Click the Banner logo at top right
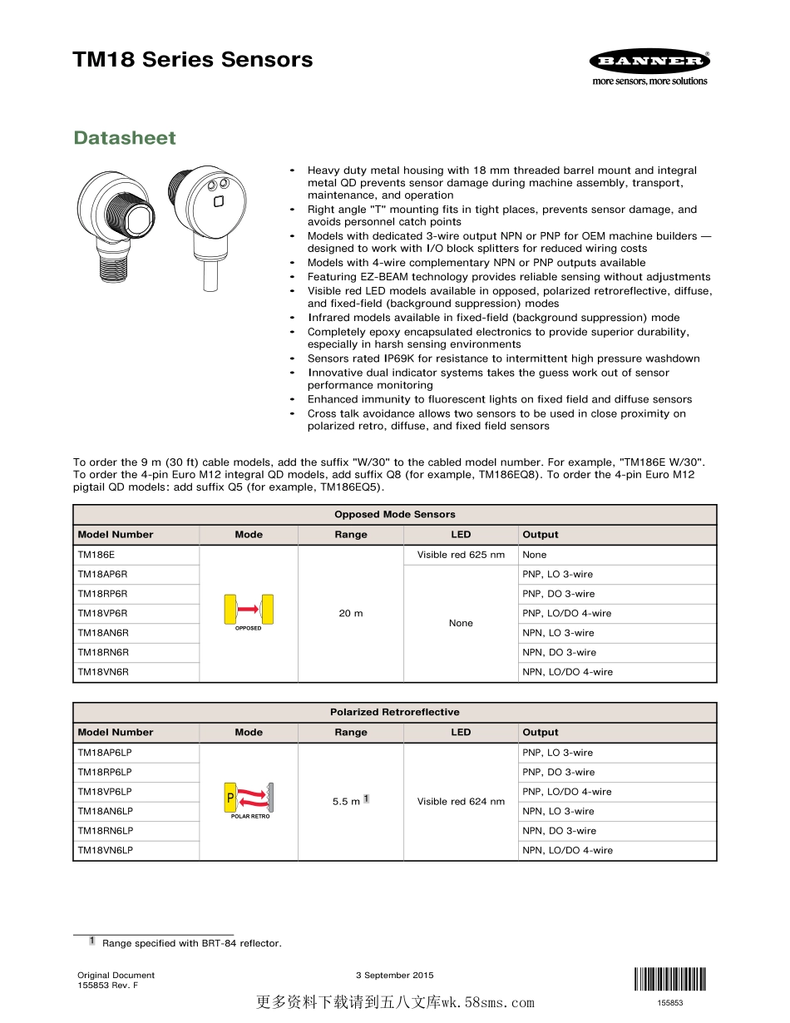pyautogui.click(x=649, y=62)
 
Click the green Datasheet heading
pyautogui.click(x=125, y=138)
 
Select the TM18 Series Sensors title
pyautogui.click(x=192, y=60)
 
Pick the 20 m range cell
pyautogui.click(x=351, y=613)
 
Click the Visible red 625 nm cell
pyautogui.click(x=461, y=555)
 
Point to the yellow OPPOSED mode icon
pyautogui.click(x=249, y=609)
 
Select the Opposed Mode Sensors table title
pyautogui.click(x=395, y=515)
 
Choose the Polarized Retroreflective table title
pyautogui.click(x=395, y=713)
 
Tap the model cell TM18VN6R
pyautogui.click(x=103, y=672)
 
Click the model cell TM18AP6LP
pyautogui.click(x=105, y=753)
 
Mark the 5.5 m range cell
pyautogui.click(x=346, y=802)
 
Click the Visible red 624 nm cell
pyautogui.click(x=461, y=802)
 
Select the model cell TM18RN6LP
pyautogui.click(x=105, y=831)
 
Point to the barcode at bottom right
pyautogui.click(x=669, y=979)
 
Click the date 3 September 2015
pyautogui.click(x=395, y=976)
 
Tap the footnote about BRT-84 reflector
pyautogui.click(x=191, y=943)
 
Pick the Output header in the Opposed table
pyautogui.click(x=541, y=535)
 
